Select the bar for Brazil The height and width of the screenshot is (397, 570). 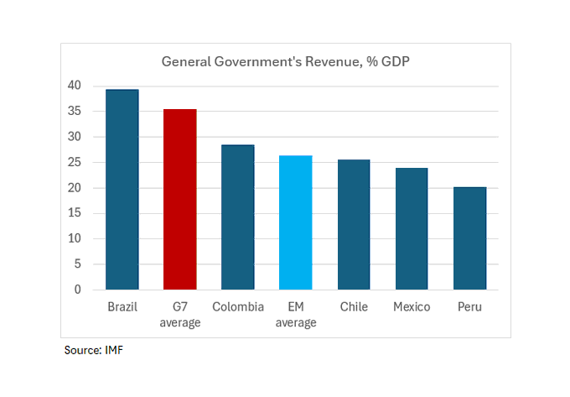[x=122, y=190]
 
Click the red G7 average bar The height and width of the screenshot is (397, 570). [x=180, y=200]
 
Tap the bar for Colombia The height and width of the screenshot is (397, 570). [x=238, y=217]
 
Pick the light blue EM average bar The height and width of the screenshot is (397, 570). [x=296, y=222]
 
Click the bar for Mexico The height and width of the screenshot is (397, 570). [x=412, y=229]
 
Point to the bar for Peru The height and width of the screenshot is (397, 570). [x=469, y=238]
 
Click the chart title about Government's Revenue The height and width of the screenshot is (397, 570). [x=285, y=62]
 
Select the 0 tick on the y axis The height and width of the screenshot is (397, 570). [x=78, y=290]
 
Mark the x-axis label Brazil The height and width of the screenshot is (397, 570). [x=122, y=307]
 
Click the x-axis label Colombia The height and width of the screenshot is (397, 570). [x=238, y=307]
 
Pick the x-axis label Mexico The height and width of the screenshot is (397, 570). [x=412, y=307]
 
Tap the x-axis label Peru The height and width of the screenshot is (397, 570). [x=469, y=307]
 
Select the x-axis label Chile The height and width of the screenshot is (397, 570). [x=354, y=307]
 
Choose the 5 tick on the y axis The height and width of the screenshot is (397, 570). [x=78, y=264]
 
